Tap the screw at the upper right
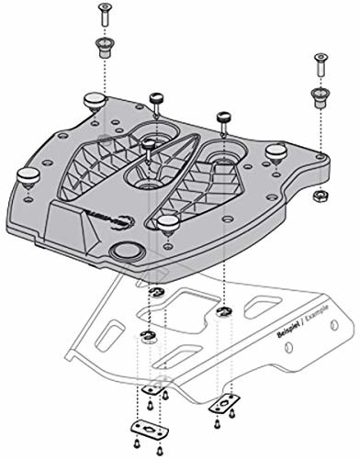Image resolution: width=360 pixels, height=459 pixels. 321,62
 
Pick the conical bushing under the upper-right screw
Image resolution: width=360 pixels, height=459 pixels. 321,94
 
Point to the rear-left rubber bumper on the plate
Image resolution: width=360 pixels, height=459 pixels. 94,99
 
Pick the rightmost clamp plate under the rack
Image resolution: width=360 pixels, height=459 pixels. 221,402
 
